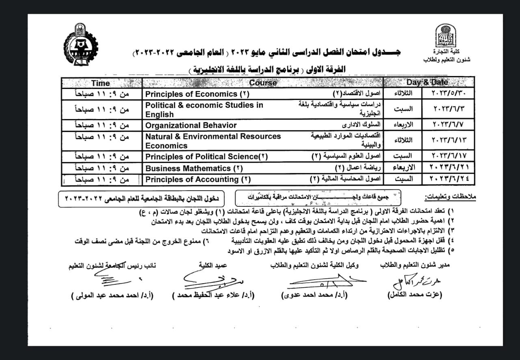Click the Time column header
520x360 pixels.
101,83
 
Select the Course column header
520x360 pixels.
262,83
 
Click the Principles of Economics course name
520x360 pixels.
197,94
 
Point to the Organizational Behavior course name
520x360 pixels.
191,125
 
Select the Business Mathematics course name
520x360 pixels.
194,168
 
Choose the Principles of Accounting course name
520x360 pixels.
198,179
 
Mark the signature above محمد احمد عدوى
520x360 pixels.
321,280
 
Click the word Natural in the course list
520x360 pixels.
161,137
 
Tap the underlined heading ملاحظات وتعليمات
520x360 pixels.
450,197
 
